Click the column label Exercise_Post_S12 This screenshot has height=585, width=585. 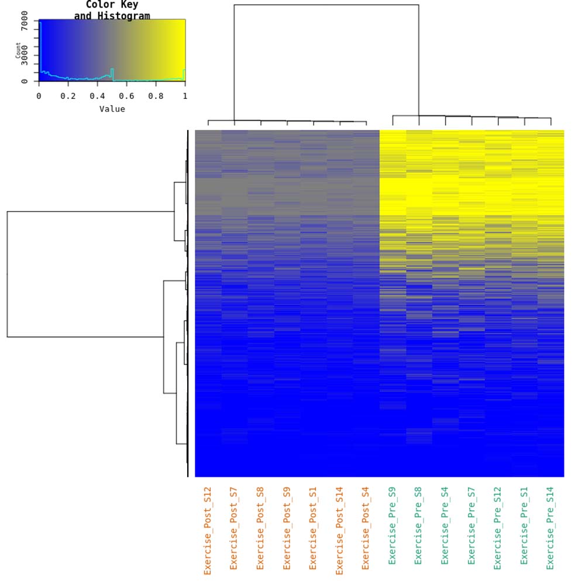click(x=208, y=531)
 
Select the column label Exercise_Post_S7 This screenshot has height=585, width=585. click(x=234, y=528)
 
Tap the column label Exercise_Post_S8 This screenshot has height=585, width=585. click(x=260, y=528)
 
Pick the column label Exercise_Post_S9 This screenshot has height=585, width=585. click(x=287, y=528)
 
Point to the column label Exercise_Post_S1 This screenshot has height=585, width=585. click(x=313, y=528)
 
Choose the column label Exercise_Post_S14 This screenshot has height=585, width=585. click(x=339, y=531)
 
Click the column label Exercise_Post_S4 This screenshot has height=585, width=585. click(x=366, y=528)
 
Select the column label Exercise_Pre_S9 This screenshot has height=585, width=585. click(x=392, y=526)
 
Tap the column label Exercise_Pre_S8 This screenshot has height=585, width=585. click(x=418, y=526)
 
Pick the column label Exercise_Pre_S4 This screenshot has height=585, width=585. click(x=445, y=526)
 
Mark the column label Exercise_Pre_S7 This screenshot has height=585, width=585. click(x=471, y=526)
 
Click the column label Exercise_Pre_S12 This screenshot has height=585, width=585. click(x=497, y=528)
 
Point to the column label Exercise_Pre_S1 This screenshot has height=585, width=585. click(x=524, y=526)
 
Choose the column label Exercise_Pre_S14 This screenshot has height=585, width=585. click(x=550, y=528)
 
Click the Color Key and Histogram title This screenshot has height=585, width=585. click(x=112, y=11)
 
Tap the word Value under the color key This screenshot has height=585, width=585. click(x=112, y=109)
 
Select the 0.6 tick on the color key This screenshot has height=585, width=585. click(x=127, y=96)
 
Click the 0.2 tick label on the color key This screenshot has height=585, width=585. click(x=68, y=96)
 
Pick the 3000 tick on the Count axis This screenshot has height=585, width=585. click(x=24, y=56)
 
